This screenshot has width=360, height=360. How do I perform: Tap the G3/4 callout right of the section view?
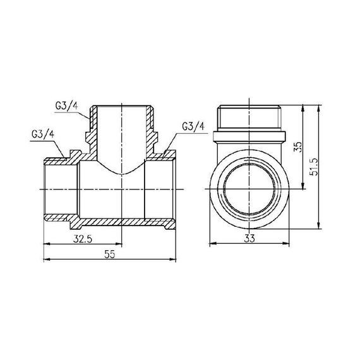click(x=193, y=126)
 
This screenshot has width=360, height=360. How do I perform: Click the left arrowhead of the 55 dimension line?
click(x=45, y=259)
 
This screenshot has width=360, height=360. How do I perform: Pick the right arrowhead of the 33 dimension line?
click(x=291, y=243)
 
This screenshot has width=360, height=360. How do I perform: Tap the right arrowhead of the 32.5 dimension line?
click(x=119, y=243)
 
